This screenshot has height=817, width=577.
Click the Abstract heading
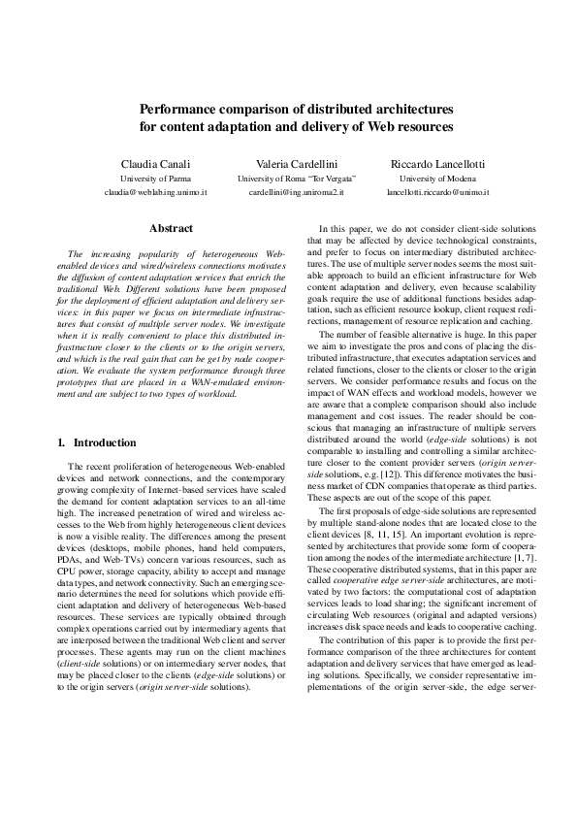coord(171,228)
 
